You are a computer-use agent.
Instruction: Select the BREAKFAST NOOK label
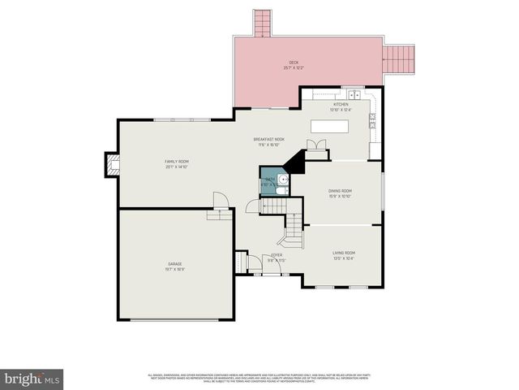tap(268, 142)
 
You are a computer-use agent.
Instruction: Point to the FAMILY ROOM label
tap(176, 165)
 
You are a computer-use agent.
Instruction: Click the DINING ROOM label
tap(340, 194)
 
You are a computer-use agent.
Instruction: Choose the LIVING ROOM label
tap(343, 255)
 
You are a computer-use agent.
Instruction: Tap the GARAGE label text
tap(175, 266)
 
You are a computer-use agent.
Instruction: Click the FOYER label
tap(277, 258)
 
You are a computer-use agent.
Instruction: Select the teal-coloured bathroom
tap(273, 181)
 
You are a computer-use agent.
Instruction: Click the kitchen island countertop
tap(330, 127)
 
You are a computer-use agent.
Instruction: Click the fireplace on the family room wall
tap(111, 165)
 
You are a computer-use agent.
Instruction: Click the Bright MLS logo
tap(32, 379)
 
